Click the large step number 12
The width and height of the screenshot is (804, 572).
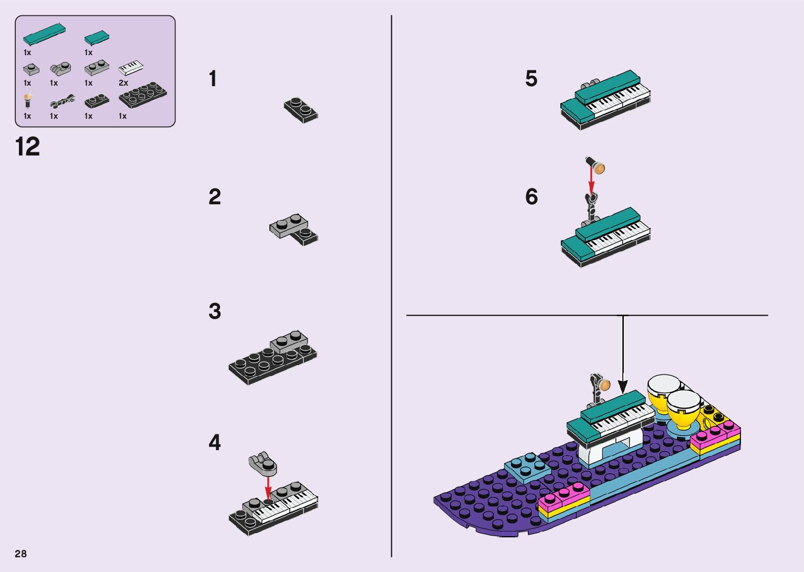27,147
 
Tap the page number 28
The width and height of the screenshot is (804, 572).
21,554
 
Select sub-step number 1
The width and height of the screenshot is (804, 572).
213,79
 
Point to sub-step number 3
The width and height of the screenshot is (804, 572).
215,311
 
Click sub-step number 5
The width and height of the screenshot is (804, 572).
531,79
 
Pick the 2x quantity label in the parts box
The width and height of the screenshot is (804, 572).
123,83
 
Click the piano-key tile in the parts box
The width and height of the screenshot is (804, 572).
131,67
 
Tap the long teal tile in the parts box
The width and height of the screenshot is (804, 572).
44,35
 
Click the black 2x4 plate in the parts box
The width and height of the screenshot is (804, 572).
142,95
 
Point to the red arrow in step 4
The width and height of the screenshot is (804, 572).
268,487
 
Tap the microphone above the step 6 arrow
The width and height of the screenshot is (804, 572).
596,165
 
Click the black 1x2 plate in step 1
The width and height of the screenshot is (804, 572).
301,110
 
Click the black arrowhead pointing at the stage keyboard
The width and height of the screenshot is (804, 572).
623,387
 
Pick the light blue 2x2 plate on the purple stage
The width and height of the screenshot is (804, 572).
527,467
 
